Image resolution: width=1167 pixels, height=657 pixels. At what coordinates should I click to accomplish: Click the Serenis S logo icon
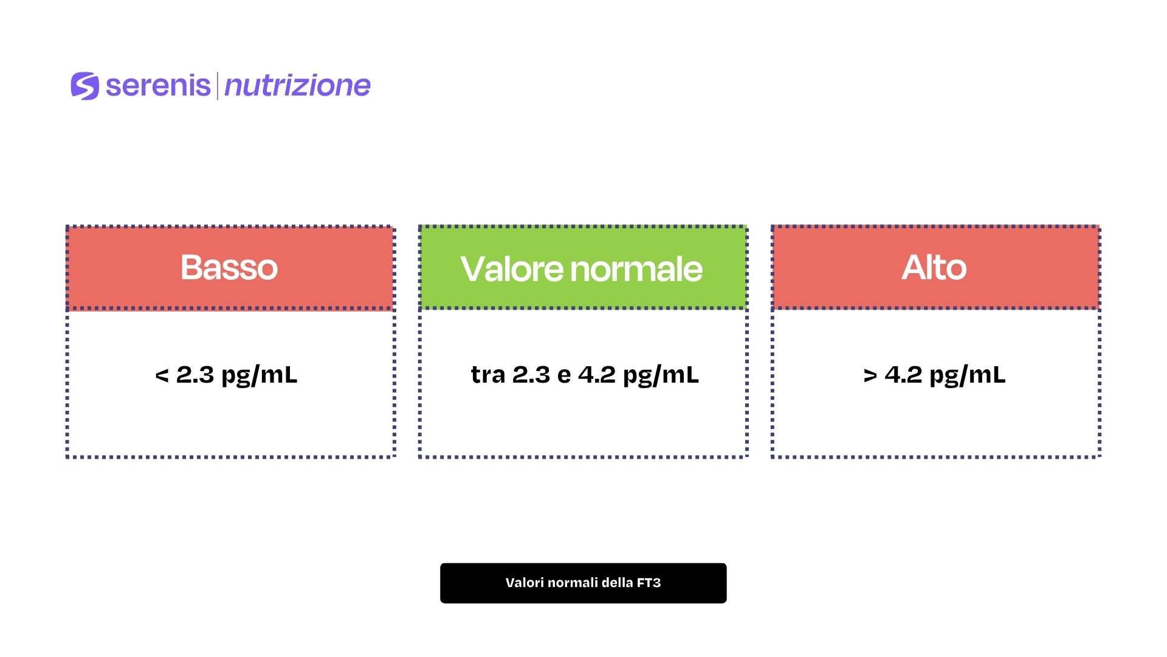tap(84, 86)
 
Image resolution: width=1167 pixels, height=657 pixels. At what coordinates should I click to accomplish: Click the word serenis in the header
tap(158, 85)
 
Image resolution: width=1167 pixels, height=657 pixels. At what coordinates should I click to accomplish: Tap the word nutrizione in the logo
tap(297, 86)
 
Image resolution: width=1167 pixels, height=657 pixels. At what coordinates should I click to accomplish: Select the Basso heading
tap(229, 267)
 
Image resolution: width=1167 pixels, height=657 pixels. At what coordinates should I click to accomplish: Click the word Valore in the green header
tap(512, 269)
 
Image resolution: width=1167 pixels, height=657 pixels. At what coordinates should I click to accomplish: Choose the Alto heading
tap(934, 267)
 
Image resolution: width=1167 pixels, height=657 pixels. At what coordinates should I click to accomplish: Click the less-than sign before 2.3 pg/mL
tap(162, 375)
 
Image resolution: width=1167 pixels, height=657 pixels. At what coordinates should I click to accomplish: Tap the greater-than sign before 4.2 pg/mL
tap(870, 375)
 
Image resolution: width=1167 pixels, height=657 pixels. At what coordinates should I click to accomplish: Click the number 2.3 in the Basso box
tap(195, 375)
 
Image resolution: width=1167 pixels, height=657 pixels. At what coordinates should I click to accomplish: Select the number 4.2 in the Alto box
tap(903, 375)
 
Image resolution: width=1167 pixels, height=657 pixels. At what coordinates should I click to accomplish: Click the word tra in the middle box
tap(488, 375)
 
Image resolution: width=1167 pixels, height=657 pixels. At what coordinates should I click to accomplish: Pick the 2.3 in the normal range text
tap(531, 375)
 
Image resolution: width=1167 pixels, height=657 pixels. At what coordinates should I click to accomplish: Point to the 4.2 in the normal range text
tap(597, 375)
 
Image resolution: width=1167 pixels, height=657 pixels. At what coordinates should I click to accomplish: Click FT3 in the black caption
tap(649, 583)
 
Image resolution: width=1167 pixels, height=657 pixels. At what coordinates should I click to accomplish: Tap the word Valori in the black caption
tap(522, 583)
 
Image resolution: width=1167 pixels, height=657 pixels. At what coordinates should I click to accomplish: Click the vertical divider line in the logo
tap(217, 86)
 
